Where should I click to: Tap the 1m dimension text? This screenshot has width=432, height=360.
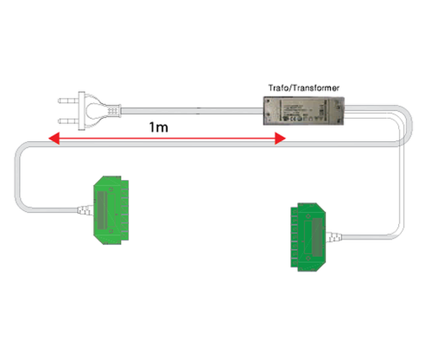[x=161, y=127]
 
